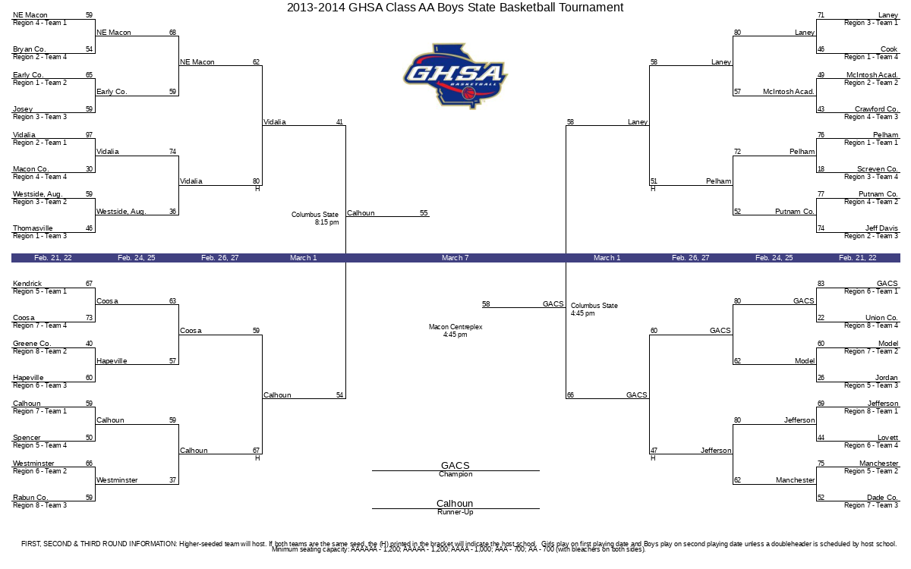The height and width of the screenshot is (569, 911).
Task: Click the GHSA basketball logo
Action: coord(455,77)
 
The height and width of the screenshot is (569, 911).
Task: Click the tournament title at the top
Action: coord(455,8)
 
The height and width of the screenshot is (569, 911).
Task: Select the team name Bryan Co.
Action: coord(30,49)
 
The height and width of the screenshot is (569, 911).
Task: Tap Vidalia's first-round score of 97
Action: coord(89,135)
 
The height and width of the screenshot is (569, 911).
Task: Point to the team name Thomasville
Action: coord(33,228)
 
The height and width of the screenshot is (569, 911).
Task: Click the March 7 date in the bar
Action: coord(455,258)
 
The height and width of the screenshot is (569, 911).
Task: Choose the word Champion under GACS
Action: coord(455,474)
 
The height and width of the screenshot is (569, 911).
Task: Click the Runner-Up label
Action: coord(455,512)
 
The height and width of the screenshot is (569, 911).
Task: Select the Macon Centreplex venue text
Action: coord(455,327)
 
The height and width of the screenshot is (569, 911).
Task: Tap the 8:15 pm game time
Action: coord(326,222)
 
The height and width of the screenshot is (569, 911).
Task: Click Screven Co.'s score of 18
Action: coord(821,169)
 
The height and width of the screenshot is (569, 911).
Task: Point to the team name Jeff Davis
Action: coord(881,228)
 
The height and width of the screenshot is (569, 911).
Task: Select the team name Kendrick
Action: coord(27,284)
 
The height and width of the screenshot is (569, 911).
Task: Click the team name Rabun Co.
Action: coord(30,498)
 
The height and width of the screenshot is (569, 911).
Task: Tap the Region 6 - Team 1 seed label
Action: coord(871,291)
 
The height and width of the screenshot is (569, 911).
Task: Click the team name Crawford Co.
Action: coord(876,109)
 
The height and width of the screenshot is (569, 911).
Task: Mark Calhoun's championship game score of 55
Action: coord(424,213)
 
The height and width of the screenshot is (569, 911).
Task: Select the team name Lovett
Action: coord(887,438)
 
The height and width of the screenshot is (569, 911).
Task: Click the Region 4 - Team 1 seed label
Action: coord(39,23)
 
